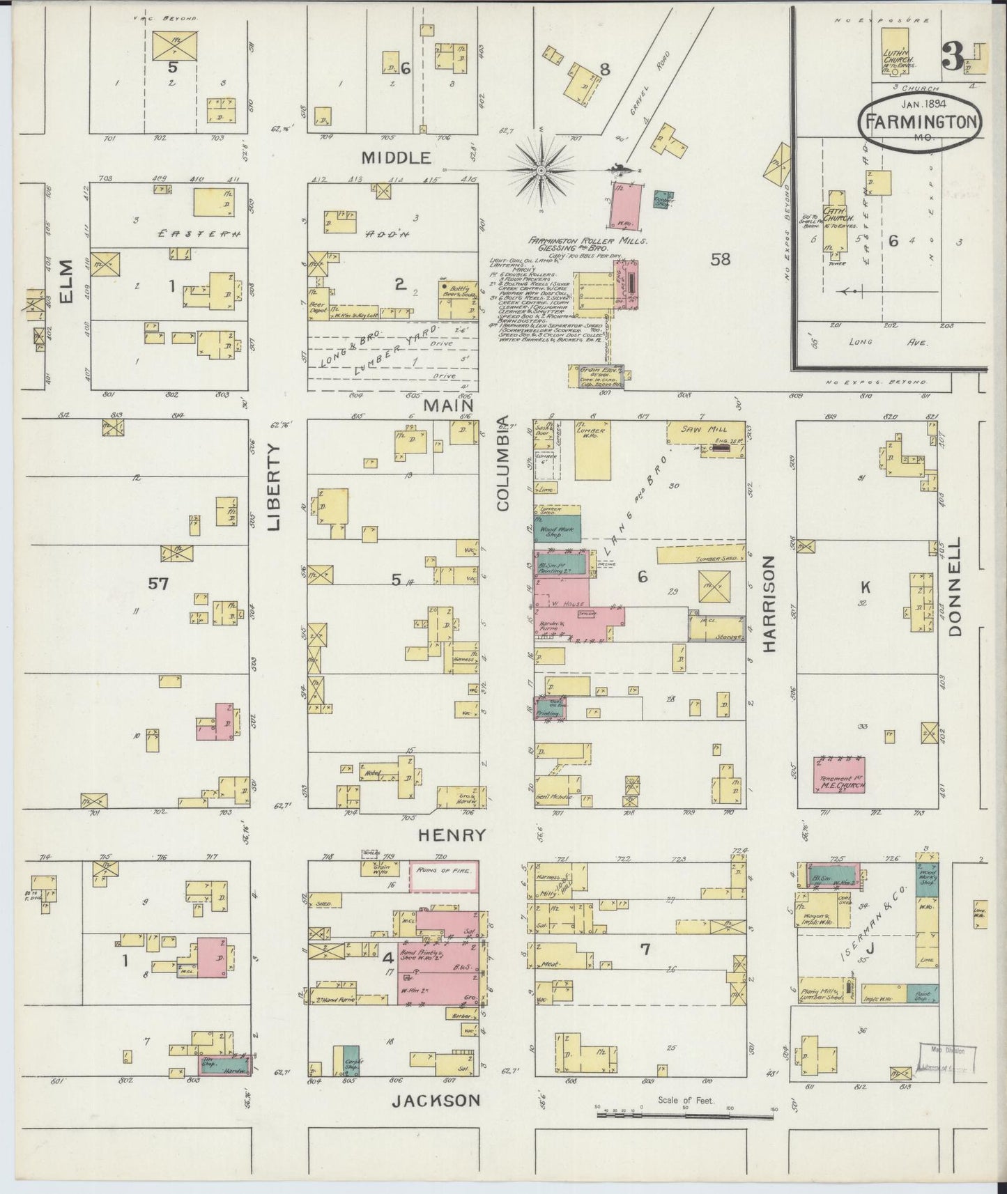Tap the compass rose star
point(541,169)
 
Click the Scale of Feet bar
point(684,1116)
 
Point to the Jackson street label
point(436,1101)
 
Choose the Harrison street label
point(769,603)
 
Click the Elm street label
point(66,282)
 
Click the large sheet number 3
point(953,57)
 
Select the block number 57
point(158,584)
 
